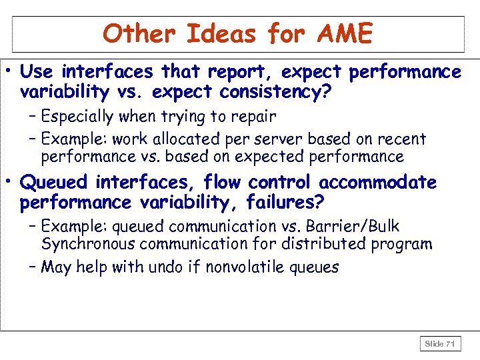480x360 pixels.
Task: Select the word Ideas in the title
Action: coord(220,33)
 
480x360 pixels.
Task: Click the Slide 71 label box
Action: coord(440,344)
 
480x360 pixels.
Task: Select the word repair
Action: coord(251,117)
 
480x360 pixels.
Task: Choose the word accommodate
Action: coord(378,182)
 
